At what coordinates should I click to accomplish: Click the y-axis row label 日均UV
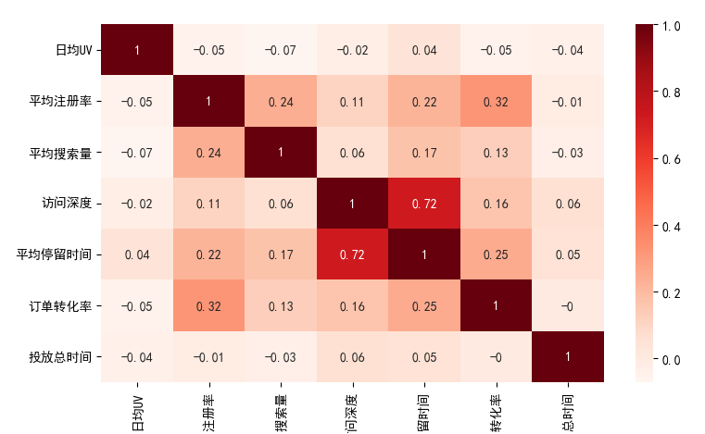click(x=74, y=50)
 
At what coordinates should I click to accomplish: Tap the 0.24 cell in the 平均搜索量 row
click(x=208, y=152)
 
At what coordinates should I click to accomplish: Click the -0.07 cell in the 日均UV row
click(x=280, y=50)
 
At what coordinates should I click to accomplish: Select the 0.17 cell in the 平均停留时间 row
click(x=280, y=254)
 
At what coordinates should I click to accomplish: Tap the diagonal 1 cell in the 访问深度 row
click(x=352, y=203)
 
